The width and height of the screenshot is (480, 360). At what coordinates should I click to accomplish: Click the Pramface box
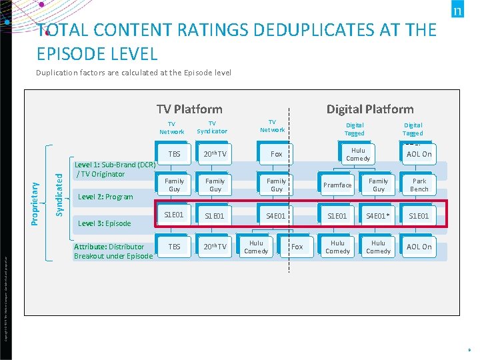point(337,185)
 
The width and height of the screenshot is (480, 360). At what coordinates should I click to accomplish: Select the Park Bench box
point(419,185)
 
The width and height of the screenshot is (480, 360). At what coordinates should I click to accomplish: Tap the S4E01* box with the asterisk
point(378,216)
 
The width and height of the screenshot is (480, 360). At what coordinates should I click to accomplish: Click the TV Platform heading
point(189,109)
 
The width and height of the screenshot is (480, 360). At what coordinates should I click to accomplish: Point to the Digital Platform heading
point(369,109)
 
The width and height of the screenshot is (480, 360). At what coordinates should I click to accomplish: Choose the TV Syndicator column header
point(212,127)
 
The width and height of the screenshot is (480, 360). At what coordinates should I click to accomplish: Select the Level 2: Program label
point(105,197)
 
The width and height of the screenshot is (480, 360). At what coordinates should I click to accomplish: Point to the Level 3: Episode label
point(105,223)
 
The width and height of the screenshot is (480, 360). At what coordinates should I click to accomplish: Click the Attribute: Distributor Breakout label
point(113,251)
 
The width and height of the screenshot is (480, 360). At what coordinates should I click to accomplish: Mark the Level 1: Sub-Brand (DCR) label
point(114,169)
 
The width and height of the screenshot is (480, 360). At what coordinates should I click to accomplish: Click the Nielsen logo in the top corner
point(457,11)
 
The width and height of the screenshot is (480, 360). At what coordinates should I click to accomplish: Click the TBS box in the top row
point(174,154)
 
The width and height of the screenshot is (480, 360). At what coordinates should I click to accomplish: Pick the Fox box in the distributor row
point(297,247)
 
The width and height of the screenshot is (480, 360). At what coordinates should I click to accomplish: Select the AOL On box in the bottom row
point(419,247)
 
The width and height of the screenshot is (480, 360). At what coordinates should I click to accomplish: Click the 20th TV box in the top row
point(215,154)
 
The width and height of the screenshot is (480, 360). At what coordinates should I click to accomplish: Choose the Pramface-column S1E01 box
point(337,216)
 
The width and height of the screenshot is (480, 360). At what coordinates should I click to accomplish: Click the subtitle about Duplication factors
point(133,72)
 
